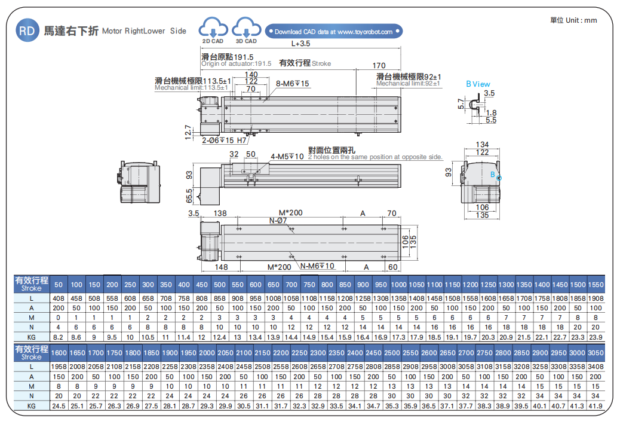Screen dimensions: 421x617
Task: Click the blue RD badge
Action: (26, 30)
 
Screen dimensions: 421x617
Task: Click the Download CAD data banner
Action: (334, 32)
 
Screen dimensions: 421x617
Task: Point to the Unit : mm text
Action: (573, 20)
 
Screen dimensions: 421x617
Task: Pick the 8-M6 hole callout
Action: (293, 84)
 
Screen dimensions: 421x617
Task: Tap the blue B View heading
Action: (478, 84)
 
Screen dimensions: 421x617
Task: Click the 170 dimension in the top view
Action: (379, 65)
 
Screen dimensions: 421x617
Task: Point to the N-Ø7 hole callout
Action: (278, 221)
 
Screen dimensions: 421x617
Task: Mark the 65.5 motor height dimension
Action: (189, 195)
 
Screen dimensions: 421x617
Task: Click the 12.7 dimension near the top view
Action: (188, 131)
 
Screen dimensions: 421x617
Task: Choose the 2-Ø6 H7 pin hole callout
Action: (224, 141)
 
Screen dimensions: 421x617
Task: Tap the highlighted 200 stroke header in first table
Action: (112, 284)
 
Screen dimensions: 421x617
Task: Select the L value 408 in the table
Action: (59, 298)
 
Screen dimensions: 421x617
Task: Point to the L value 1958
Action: (59, 366)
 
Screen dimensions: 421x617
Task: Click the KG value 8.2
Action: (59, 338)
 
